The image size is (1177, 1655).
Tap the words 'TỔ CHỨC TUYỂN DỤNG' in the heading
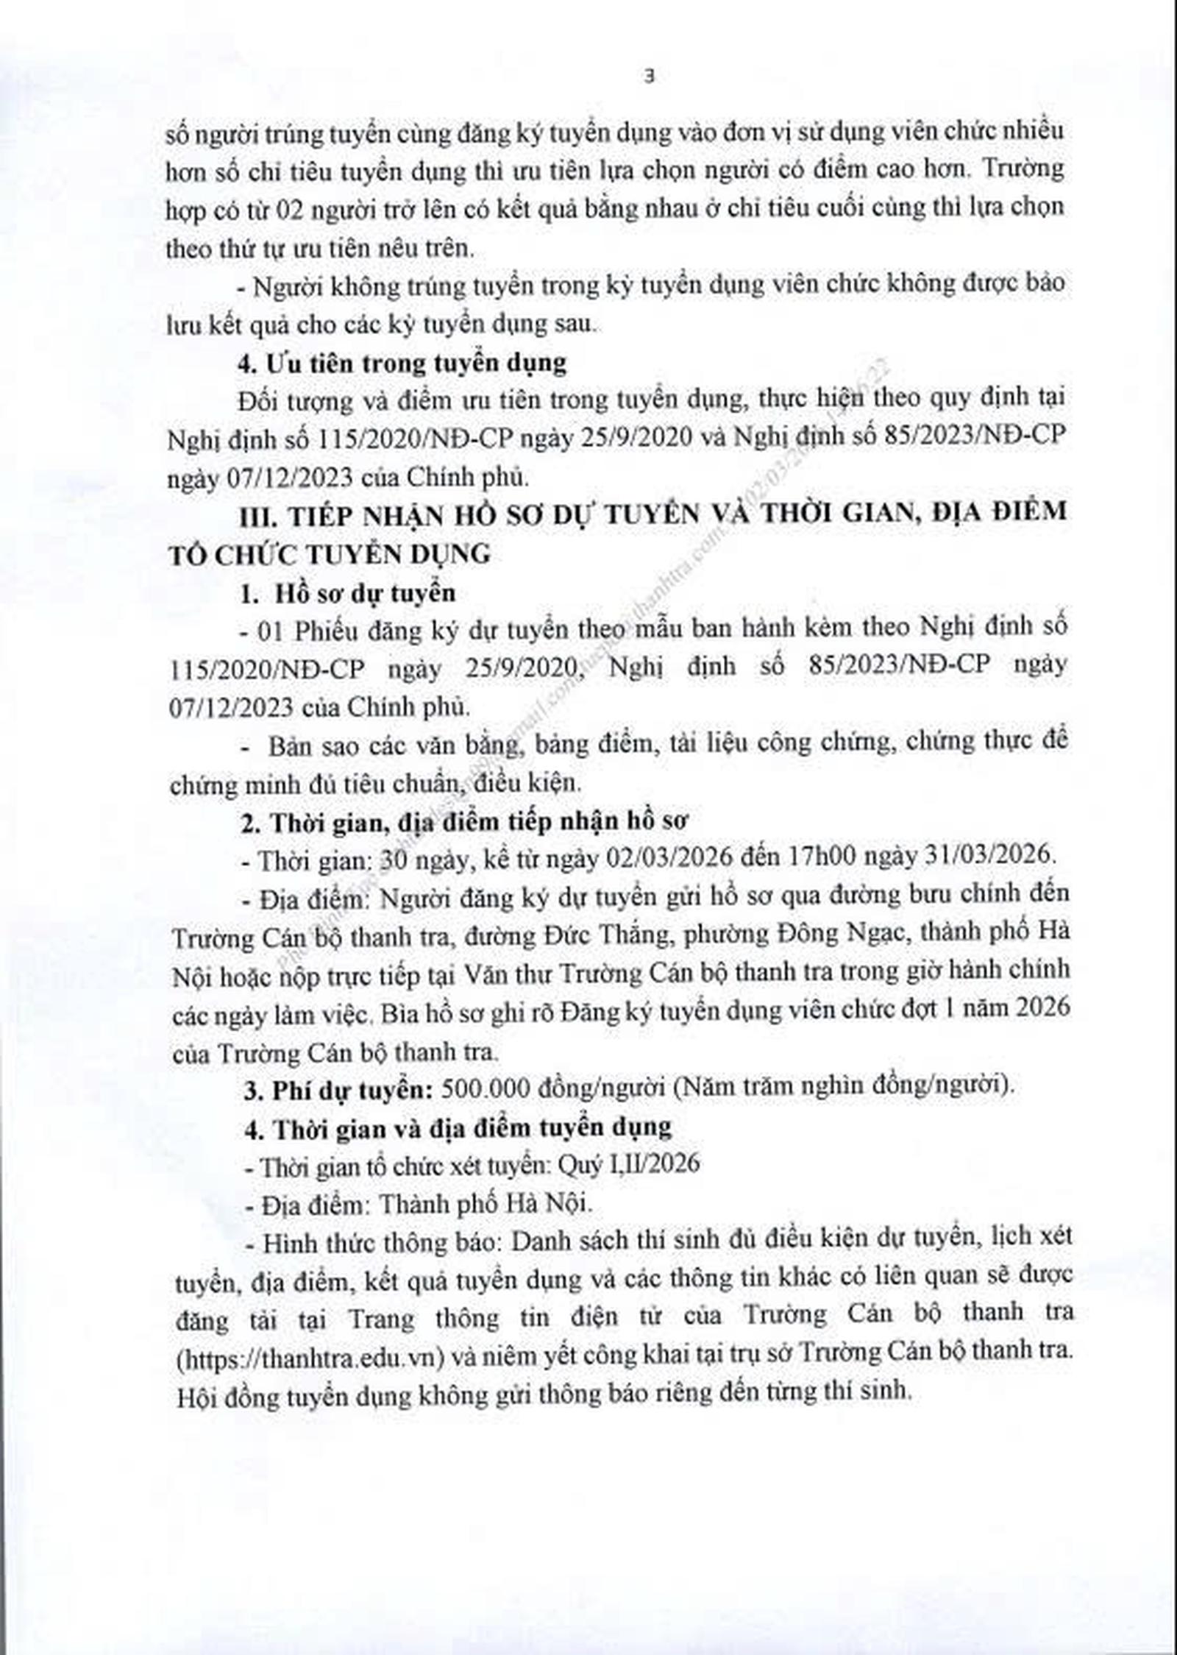point(330,553)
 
